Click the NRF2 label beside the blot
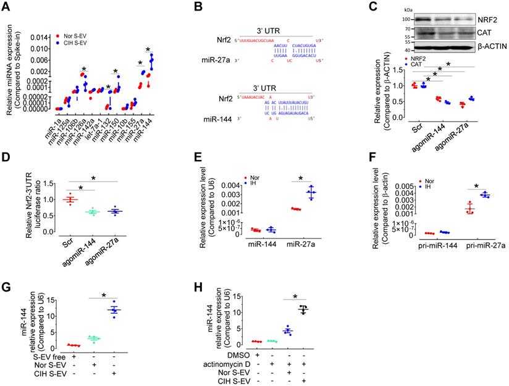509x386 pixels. coord(489,19)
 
